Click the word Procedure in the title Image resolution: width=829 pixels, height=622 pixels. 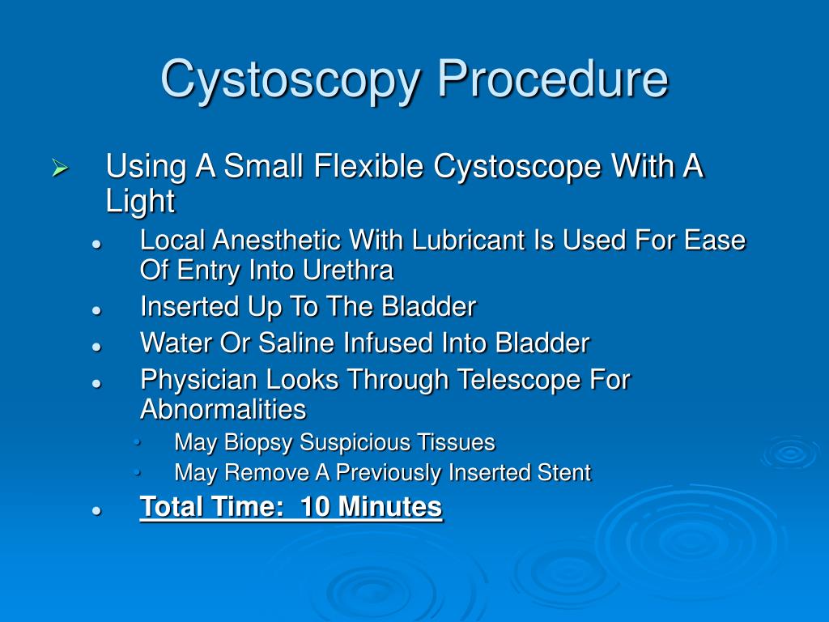552,79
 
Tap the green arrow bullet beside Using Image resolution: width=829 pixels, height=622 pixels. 60,168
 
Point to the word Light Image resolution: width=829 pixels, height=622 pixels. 140,202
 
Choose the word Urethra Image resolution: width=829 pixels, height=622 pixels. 348,270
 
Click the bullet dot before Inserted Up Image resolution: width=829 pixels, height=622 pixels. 96,310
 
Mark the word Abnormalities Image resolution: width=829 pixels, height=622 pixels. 223,409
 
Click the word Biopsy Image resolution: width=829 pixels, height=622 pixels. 258,443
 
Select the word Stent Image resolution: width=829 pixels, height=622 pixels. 564,472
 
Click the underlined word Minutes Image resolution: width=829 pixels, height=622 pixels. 389,506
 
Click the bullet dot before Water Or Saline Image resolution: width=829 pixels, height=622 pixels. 96,347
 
